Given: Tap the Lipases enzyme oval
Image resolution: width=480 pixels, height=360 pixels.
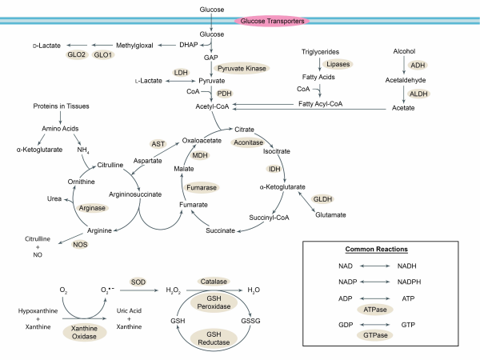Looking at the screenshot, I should pyautogui.click(x=336, y=63).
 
